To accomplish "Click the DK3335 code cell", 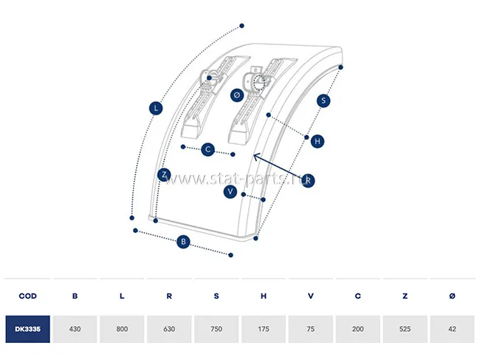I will click(x=27, y=328).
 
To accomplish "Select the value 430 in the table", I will click(x=75, y=328).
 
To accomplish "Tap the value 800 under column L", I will click(x=122, y=328).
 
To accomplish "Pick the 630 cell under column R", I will click(x=169, y=328).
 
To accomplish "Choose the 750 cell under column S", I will click(x=216, y=328).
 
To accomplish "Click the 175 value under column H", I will click(x=264, y=328).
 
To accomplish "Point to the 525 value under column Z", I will click(x=405, y=328).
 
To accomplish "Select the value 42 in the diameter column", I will click(x=452, y=328).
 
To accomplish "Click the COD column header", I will click(x=27, y=296).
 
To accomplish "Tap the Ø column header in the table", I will click(x=452, y=296).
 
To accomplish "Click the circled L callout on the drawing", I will click(x=155, y=108).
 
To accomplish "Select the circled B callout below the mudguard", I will click(x=183, y=241).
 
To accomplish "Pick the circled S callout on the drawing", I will click(x=323, y=100).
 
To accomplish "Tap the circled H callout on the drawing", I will click(x=317, y=140).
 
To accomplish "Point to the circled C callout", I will click(x=208, y=149).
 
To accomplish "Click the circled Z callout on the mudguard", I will click(x=165, y=175).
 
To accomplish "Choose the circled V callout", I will click(x=231, y=191).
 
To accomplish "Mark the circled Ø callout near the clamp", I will click(x=236, y=95).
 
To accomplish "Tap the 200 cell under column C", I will click(x=358, y=328).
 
